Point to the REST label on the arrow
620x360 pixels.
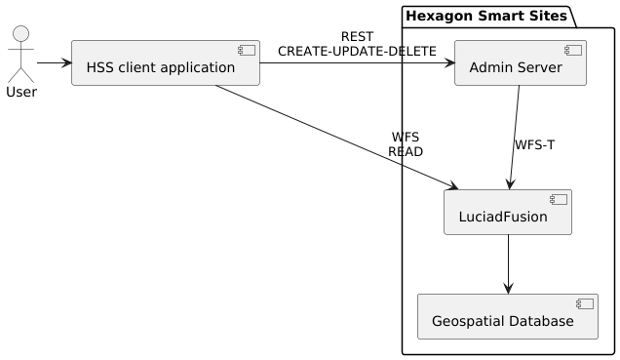click(357, 37)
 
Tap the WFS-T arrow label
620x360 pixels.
click(534, 144)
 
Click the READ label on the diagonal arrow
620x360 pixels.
click(406, 152)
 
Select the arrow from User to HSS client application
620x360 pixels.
click(54, 63)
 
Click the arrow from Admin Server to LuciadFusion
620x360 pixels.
click(513, 137)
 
